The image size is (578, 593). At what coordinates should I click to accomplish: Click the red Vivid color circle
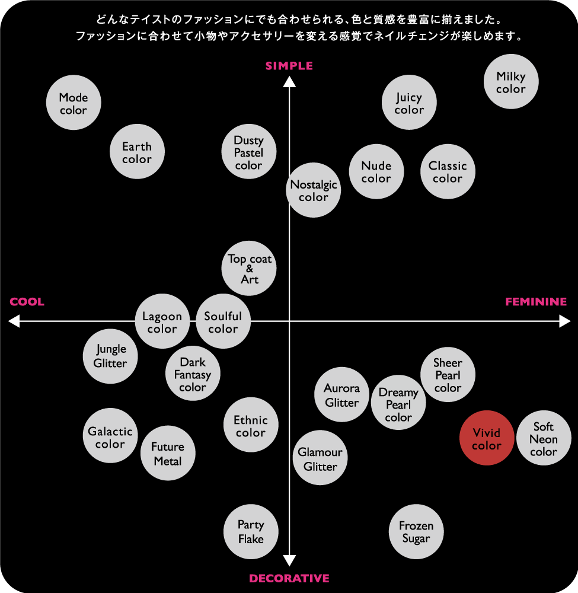click(487, 438)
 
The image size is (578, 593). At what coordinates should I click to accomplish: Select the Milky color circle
click(511, 82)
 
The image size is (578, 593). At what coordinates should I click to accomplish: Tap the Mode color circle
click(74, 103)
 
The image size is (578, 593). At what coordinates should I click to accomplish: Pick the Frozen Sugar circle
click(416, 531)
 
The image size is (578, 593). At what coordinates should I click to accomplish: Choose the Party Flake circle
click(251, 531)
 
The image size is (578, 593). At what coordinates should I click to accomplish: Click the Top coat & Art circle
click(249, 268)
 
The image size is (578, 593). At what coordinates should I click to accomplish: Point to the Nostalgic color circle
click(314, 190)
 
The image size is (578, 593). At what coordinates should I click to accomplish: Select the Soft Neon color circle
click(544, 438)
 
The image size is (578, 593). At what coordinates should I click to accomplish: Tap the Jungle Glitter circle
click(110, 356)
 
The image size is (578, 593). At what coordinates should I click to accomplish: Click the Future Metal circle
click(168, 453)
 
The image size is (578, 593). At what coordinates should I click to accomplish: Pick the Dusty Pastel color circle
click(249, 152)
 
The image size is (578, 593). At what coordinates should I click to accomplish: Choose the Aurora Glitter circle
click(341, 394)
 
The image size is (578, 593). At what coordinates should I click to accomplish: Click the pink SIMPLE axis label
click(289, 66)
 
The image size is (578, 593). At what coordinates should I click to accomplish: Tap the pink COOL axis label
click(27, 302)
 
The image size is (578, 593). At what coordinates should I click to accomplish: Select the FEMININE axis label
click(536, 302)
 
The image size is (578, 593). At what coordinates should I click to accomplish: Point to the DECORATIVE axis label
click(289, 578)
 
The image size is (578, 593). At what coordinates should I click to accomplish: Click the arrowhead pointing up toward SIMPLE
click(289, 82)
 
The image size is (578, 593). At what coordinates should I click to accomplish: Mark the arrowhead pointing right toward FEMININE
click(565, 321)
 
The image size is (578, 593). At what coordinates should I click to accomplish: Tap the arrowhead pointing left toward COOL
click(14, 321)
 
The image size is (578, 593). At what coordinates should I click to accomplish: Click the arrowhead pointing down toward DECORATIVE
click(289, 560)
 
